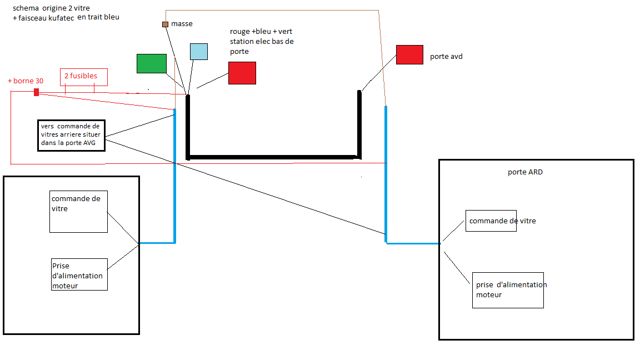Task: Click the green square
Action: [152, 64]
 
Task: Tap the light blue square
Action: [199, 52]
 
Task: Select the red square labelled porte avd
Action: [409, 54]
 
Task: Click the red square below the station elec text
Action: [242, 73]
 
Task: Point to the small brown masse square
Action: [166, 24]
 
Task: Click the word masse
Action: [182, 24]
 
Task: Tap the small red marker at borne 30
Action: [36, 92]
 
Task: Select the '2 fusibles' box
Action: [84, 77]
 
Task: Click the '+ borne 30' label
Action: [26, 81]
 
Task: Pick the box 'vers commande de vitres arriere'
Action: [72, 136]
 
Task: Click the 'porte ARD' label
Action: [525, 172]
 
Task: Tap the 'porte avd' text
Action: [446, 56]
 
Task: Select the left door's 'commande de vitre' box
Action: [78, 212]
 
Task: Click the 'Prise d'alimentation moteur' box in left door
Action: [79, 274]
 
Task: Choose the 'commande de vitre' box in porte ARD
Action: [491, 221]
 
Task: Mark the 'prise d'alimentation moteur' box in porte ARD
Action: [508, 290]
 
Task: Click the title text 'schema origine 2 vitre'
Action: [51, 8]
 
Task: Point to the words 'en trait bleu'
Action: [98, 17]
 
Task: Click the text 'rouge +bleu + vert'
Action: [261, 32]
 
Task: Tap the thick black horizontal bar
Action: [273, 157]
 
